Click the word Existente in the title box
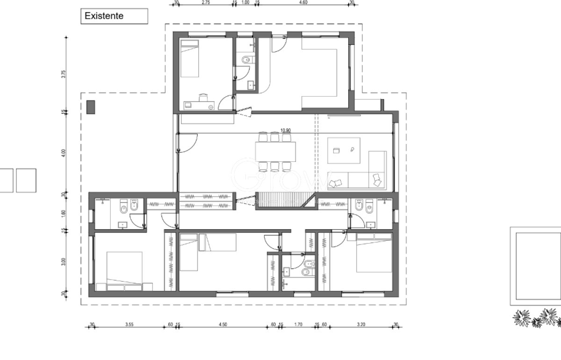(103, 16)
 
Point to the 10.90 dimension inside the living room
(286, 131)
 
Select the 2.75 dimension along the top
(206, 2)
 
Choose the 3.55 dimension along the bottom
(129, 324)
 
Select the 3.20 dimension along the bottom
(360, 324)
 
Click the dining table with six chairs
(275, 152)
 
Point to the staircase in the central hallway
(280, 201)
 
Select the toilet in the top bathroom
(246, 59)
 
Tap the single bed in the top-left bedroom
(190, 58)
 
